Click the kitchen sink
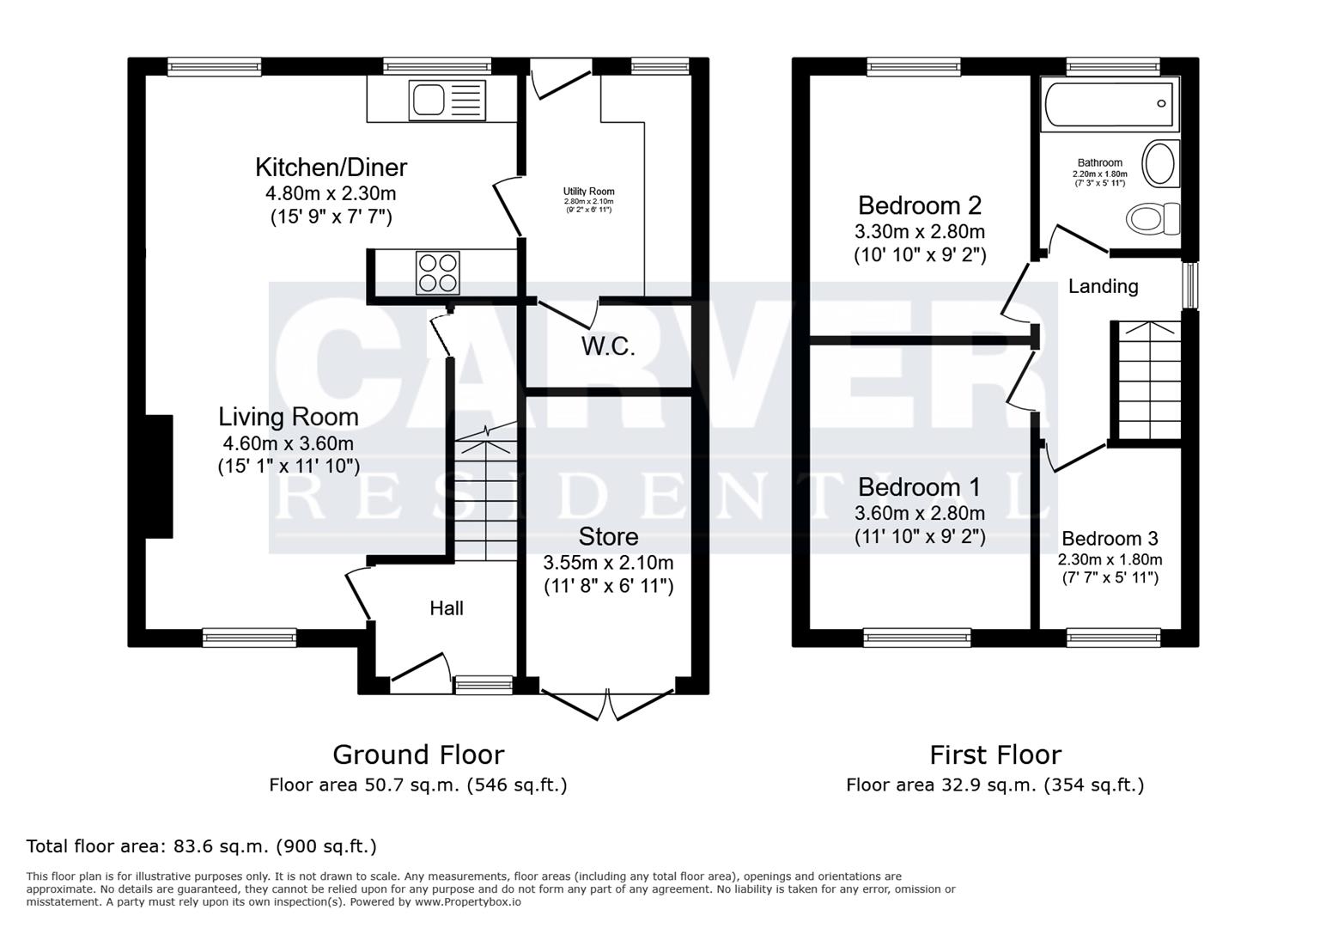pos(447,100)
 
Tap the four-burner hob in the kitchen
pos(437,272)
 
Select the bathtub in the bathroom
pos(1107,105)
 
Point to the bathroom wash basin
pos(1160,163)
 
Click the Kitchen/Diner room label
pos(331,167)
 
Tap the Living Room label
pos(288,417)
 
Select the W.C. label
pos(608,347)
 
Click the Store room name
pos(608,537)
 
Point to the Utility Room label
pos(588,192)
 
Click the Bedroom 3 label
pos(1110,539)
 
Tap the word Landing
pos(1103,286)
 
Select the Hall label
pos(446,608)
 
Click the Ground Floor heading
pos(417,754)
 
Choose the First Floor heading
pos(995,754)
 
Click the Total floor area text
pos(201,846)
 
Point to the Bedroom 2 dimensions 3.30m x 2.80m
pos(919,232)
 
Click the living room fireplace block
pos(159,476)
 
